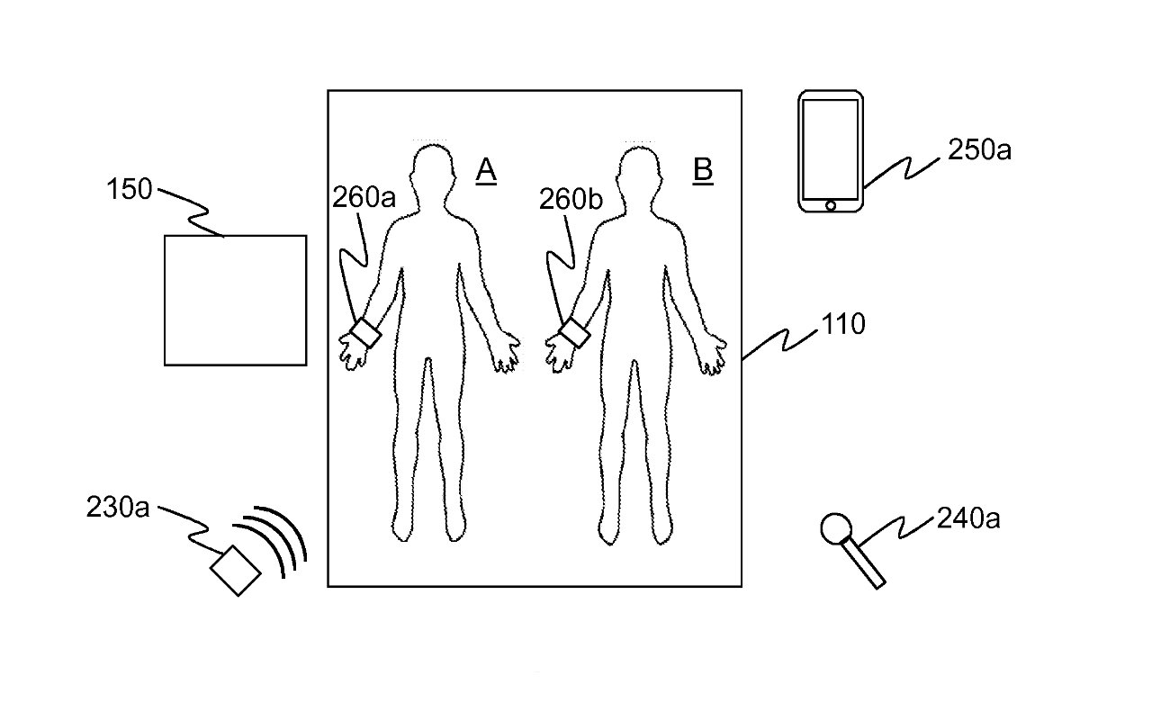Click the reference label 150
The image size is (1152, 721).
click(129, 189)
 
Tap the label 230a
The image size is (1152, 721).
click(118, 507)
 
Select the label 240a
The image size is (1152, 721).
click(968, 518)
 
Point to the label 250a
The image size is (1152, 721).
click(979, 150)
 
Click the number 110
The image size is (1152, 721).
click(843, 324)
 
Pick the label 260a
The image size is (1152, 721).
click(364, 197)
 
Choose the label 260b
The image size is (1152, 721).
click(571, 199)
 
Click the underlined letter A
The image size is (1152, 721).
click(486, 170)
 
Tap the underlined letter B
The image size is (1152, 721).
click(703, 170)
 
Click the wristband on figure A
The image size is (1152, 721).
click(365, 333)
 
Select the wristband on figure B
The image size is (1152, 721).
click(574, 333)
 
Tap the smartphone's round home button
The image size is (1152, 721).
click(831, 206)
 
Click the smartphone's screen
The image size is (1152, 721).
click(830, 149)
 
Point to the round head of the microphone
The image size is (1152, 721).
click(836, 528)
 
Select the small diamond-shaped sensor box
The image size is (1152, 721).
click(236, 571)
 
